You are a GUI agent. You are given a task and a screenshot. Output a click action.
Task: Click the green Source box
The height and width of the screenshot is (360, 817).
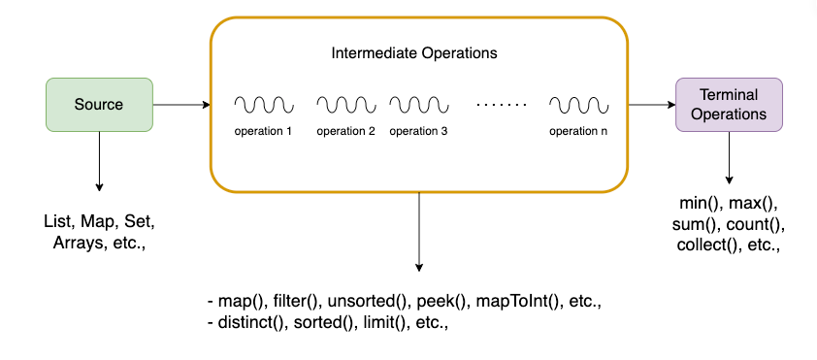tap(99, 105)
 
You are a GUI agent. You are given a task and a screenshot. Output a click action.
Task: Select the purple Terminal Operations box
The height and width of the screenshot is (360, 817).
tap(729, 105)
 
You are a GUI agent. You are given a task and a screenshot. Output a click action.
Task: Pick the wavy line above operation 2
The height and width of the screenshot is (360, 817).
tap(345, 103)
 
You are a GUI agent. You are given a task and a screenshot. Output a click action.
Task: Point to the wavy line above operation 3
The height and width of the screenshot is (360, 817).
tap(418, 103)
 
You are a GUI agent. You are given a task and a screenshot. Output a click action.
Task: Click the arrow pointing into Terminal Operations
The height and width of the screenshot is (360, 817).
tap(651, 105)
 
